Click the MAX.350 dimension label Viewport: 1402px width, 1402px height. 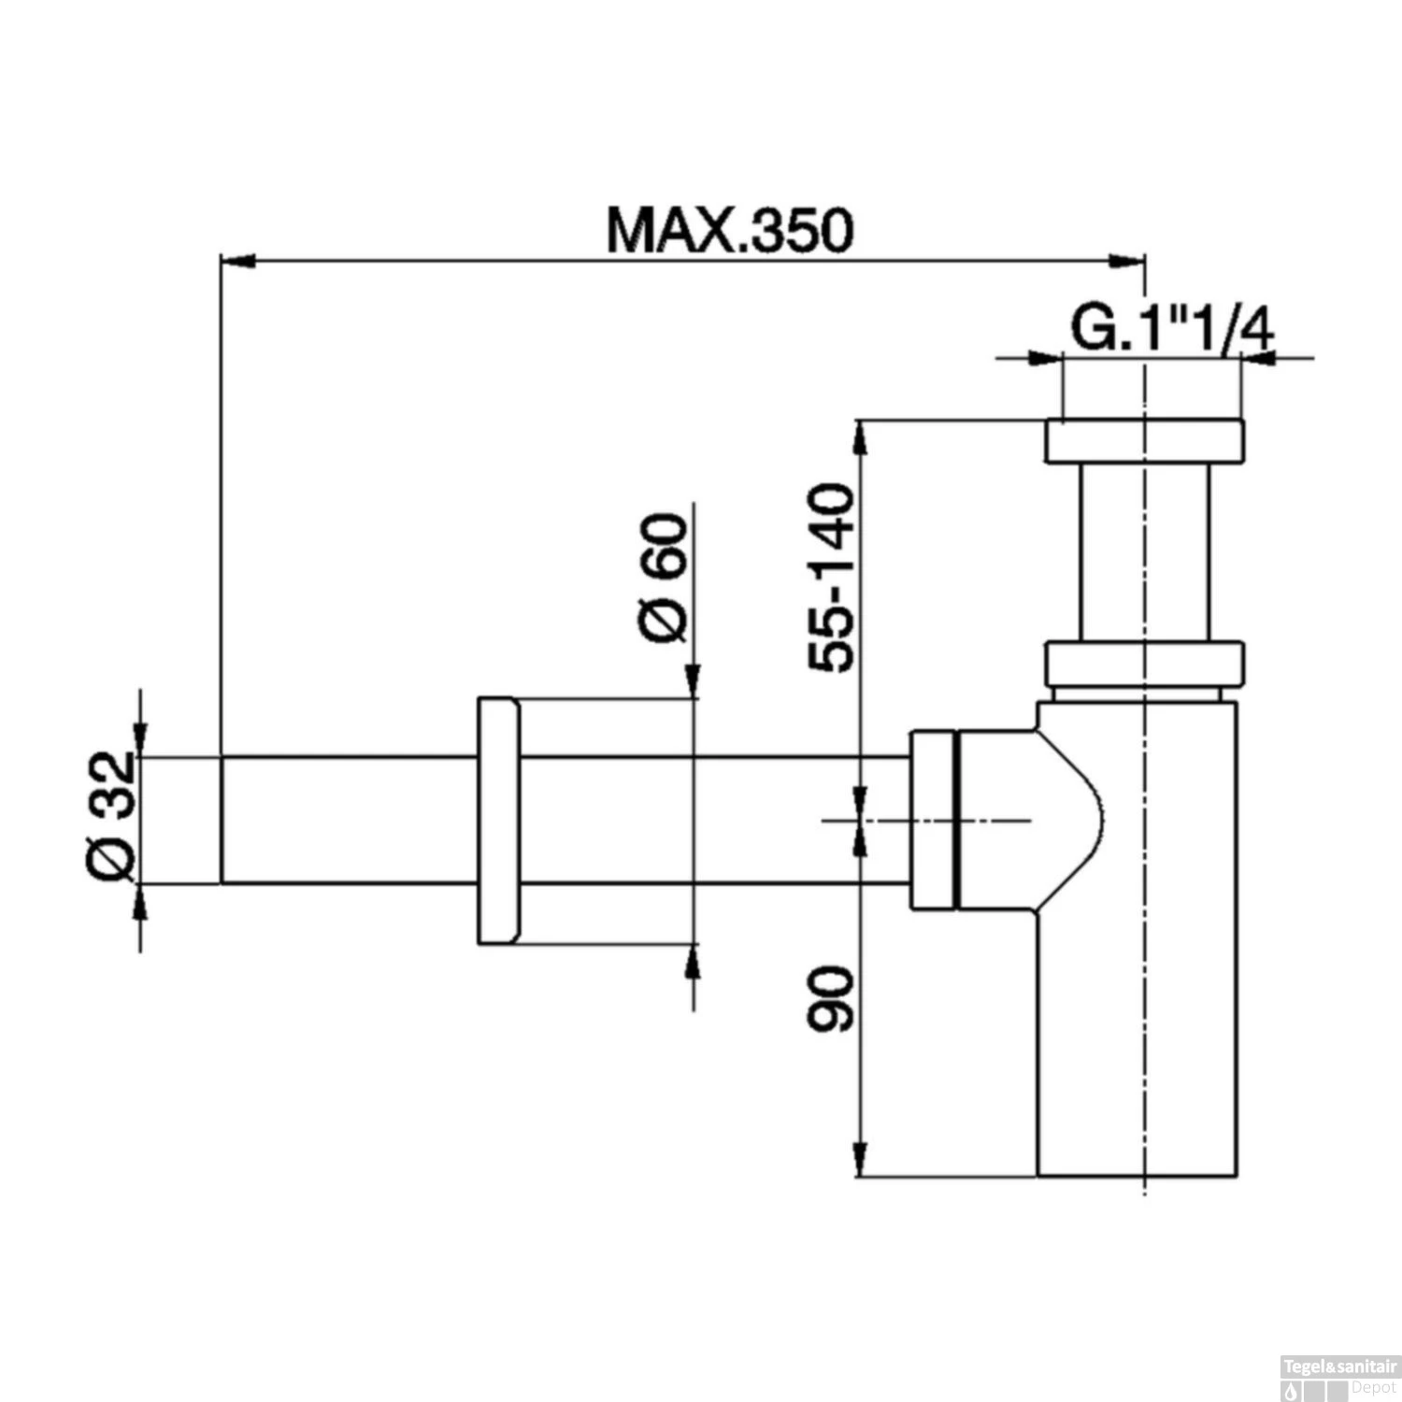click(x=729, y=230)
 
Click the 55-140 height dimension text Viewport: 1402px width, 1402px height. click(x=831, y=577)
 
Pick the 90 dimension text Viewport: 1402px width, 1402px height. click(x=831, y=999)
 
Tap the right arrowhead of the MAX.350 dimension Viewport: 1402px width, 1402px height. click(x=1125, y=263)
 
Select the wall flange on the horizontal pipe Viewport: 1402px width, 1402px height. click(x=498, y=821)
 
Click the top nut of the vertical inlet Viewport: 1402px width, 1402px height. click(x=1145, y=442)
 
